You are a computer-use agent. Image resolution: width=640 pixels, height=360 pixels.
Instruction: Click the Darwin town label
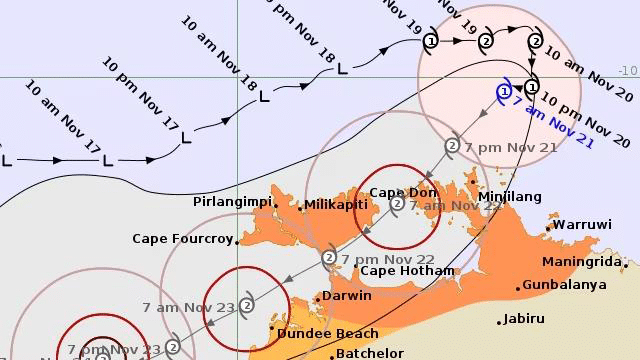point(347,296)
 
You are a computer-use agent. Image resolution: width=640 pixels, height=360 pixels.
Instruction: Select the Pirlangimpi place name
point(233,202)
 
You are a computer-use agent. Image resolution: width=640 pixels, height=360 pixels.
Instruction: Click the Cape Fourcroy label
point(182,239)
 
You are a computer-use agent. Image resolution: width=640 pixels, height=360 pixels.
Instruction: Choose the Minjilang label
point(510,197)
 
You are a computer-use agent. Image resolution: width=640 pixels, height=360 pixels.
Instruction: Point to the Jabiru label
point(524,319)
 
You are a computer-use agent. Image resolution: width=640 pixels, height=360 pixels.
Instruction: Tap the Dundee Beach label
point(328,333)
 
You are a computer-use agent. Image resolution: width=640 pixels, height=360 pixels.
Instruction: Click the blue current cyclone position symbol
point(503,91)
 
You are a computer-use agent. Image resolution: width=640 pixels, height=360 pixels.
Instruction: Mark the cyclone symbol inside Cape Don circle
point(397,205)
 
